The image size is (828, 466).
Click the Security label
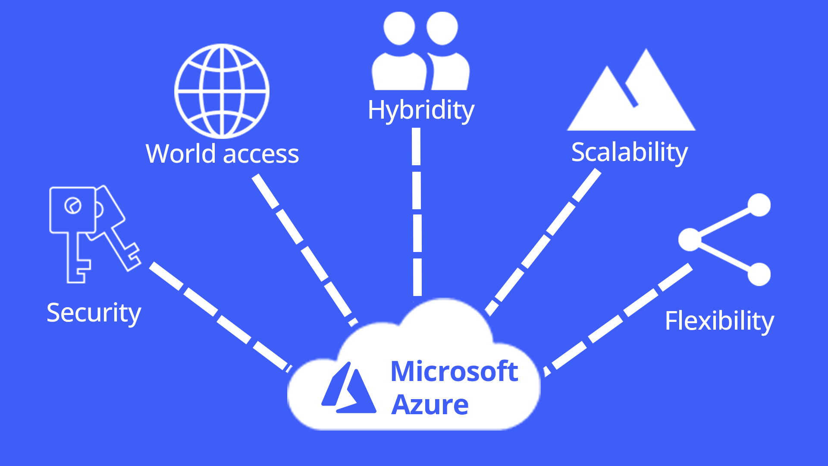pos(94,312)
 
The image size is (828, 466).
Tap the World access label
pos(222,154)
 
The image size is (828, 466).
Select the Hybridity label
pos(421,110)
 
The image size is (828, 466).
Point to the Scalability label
pos(629,152)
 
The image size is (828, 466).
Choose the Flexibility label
pos(719,321)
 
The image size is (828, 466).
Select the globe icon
pos(222,91)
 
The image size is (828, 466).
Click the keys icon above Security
pos(93,233)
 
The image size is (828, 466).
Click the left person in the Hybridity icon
pos(399,52)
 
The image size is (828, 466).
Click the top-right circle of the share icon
pos(759,205)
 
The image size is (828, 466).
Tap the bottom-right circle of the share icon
pos(759,274)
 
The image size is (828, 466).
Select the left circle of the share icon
pos(690,239)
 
